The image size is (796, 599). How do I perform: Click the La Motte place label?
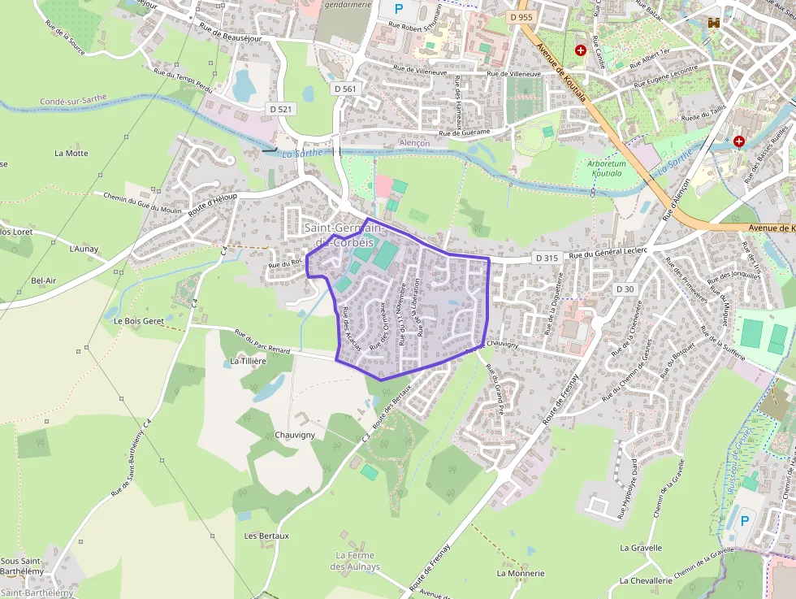click(71, 153)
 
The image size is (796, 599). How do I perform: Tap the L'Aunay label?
click(84, 249)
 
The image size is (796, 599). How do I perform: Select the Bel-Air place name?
click(44, 281)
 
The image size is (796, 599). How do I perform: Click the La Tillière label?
click(248, 361)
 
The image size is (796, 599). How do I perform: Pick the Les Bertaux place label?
click(266, 536)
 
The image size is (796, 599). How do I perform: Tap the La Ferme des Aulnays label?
click(357, 561)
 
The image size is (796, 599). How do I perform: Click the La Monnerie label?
click(521, 573)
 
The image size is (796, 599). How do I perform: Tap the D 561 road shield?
click(345, 88)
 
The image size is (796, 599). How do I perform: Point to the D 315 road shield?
click(547, 258)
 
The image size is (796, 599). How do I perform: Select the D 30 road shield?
click(625, 289)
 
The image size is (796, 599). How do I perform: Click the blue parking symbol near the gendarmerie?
click(398, 9)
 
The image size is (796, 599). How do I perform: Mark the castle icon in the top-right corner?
click(715, 23)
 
